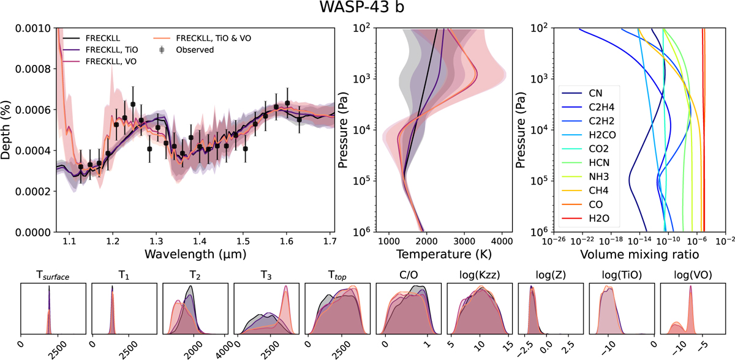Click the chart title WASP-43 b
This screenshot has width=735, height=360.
coord(367,10)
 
